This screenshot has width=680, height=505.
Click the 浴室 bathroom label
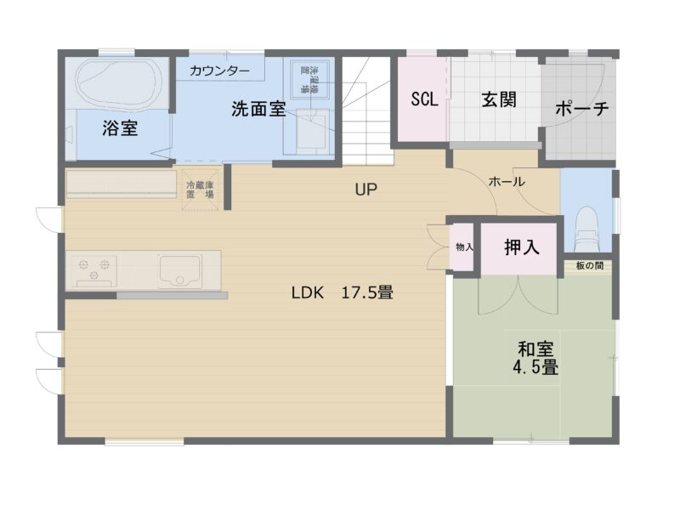click(x=121, y=128)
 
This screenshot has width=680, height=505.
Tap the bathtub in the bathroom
click(x=118, y=82)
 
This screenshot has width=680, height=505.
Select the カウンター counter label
click(x=219, y=70)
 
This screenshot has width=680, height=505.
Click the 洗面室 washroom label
click(x=258, y=110)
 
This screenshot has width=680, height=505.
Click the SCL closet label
click(x=424, y=99)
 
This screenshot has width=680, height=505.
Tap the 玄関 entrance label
click(x=499, y=99)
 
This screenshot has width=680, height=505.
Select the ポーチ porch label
click(x=582, y=110)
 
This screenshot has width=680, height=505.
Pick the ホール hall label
click(x=507, y=181)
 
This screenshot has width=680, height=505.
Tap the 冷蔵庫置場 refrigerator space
click(x=200, y=189)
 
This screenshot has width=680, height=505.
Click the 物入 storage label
click(x=464, y=247)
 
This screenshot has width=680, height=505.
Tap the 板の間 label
click(x=588, y=266)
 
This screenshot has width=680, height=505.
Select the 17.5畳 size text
click(x=367, y=293)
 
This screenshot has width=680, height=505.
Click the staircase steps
click(x=367, y=111)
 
